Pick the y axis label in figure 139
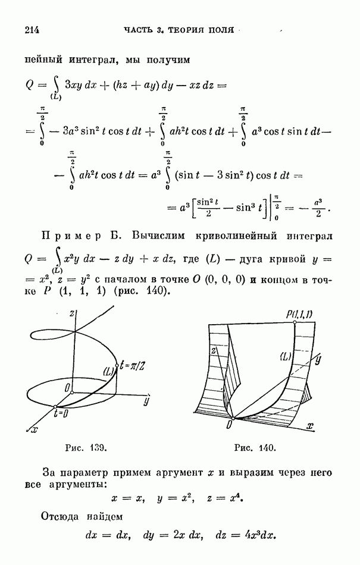click(145, 401)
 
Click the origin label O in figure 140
click(228, 425)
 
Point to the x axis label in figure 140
click(309, 426)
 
